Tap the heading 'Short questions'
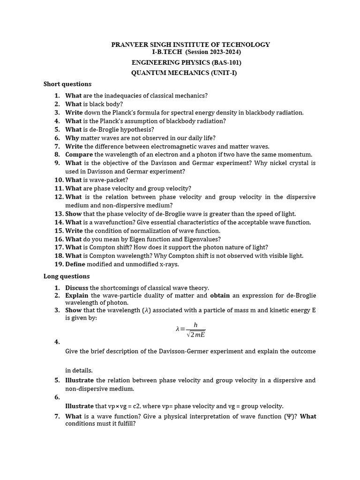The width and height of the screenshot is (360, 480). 67,84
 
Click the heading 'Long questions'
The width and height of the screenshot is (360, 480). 67,276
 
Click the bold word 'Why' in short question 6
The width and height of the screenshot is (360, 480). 72,138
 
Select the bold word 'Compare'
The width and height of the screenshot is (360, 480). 79,155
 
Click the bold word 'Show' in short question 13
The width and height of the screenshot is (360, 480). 73,214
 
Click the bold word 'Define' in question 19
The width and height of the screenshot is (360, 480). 75,264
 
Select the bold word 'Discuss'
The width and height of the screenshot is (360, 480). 77,288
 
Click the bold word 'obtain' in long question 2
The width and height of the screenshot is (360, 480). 220,296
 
